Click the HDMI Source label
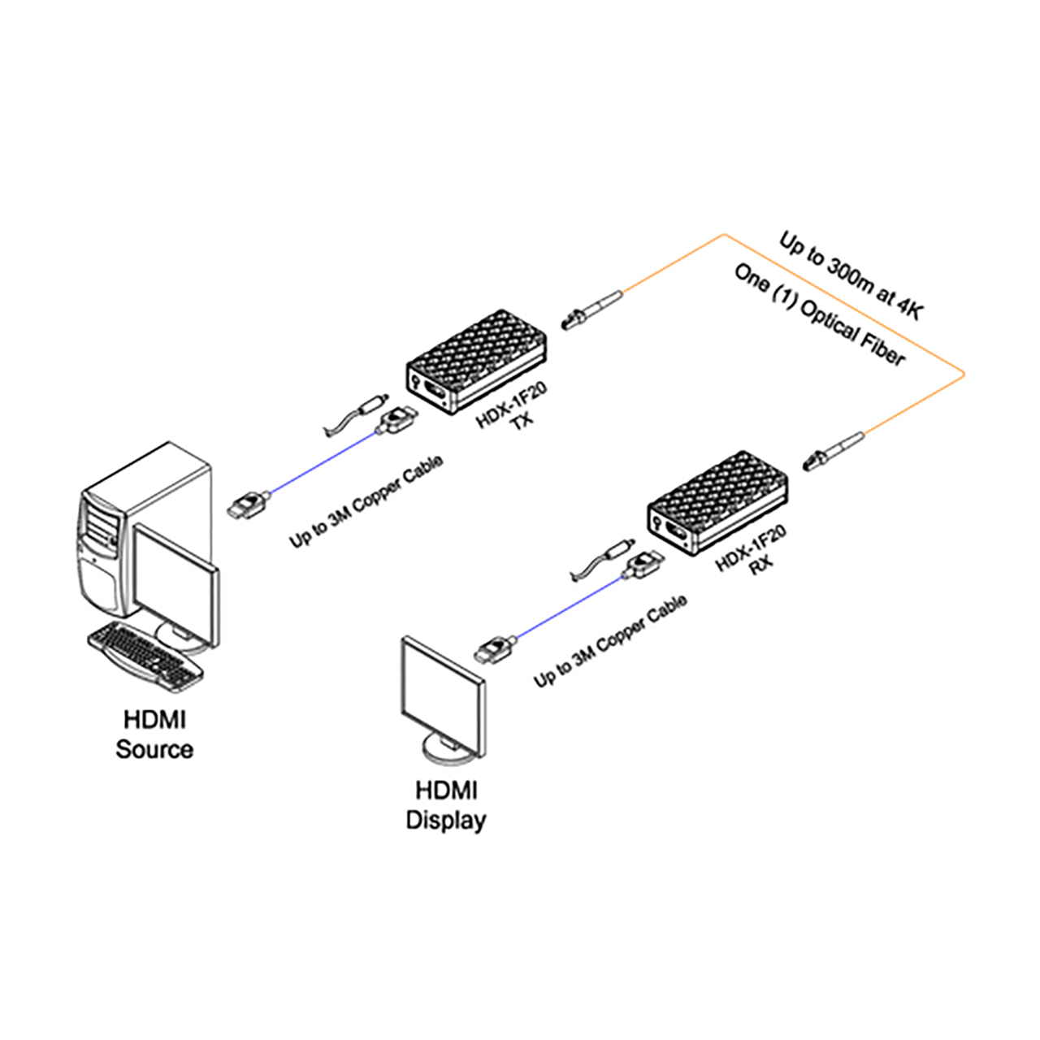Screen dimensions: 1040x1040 point(154,734)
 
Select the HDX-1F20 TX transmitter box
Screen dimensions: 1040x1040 point(477,361)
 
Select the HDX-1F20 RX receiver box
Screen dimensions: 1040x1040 point(717,502)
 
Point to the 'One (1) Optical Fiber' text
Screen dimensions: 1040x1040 point(819,316)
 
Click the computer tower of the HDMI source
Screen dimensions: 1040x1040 point(145,529)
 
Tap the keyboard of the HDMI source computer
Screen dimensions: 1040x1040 point(145,657)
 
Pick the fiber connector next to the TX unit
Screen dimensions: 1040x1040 point(591,310)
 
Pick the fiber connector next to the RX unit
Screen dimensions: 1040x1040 point(834,451)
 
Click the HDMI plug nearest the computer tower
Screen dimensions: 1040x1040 point(249,505)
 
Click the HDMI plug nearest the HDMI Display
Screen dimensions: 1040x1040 point(494,649)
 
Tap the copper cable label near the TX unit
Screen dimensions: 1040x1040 point(366,501)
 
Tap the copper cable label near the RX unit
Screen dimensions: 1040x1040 point(610,640)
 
